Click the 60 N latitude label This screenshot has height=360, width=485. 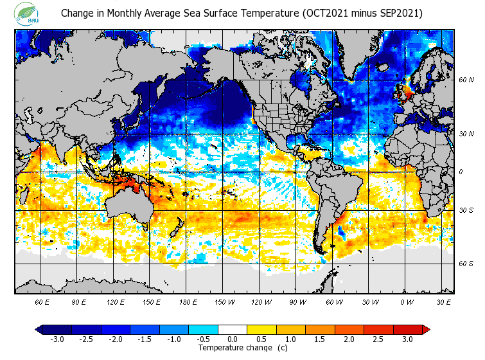(467, 80)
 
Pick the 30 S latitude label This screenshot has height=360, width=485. (466, 211)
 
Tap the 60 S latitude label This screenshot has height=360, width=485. (466, 264)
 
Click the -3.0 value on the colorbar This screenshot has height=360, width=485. (57, 339)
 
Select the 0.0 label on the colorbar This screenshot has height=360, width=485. (233, 339)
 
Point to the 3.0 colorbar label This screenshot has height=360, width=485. (408, 339)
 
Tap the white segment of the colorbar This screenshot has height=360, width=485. (233, 330)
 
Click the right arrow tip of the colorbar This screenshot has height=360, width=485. (427, 330)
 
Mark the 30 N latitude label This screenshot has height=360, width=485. (467, 134)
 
